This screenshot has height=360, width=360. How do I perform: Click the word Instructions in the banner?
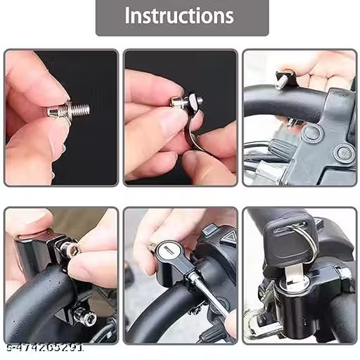tap(179, 15)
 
